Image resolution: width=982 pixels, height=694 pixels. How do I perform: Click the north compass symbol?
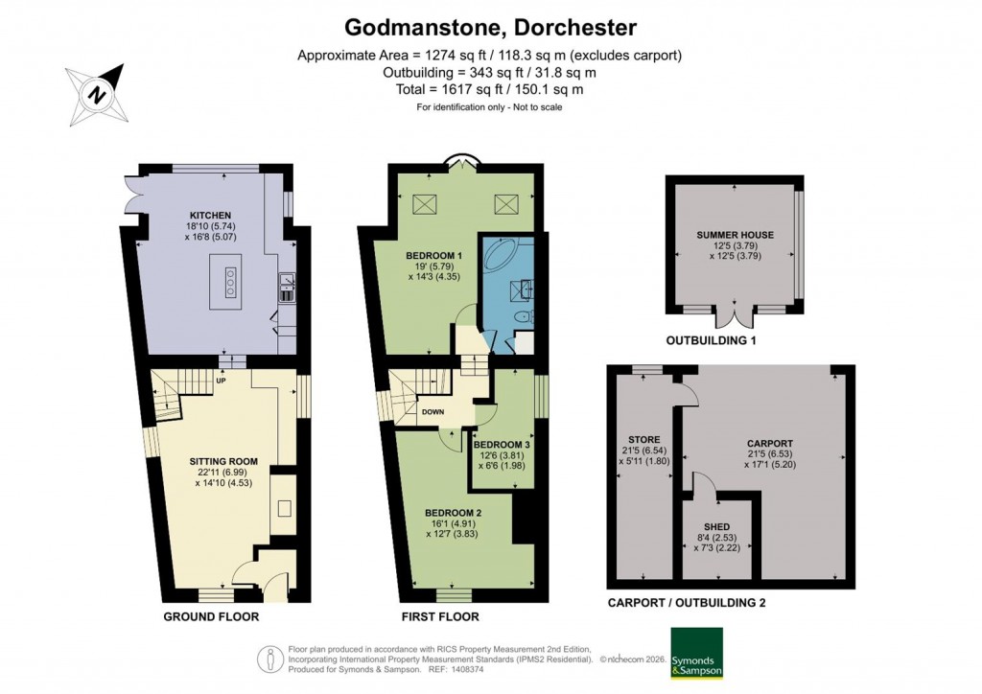tap(96, 93)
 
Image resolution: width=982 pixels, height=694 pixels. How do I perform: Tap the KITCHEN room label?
tap(208, 214)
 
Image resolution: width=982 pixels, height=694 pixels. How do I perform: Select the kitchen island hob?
tap(230, 283)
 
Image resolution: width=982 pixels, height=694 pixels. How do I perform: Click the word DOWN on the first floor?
tap(432, 412)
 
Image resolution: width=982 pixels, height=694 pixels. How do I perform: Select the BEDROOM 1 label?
tap(434, 255)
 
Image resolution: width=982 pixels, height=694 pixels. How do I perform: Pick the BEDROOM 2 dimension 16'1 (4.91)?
tap(453, 523)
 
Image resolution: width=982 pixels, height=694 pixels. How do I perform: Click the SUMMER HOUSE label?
tap(736, 235)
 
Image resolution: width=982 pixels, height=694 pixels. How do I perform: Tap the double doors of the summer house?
tap(735, 317)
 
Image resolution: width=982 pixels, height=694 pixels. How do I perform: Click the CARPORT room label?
tap(770, 443)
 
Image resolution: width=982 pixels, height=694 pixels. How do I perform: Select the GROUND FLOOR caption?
tap(210, 616)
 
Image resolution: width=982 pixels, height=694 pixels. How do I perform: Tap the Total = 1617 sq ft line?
tap(490, 89)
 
